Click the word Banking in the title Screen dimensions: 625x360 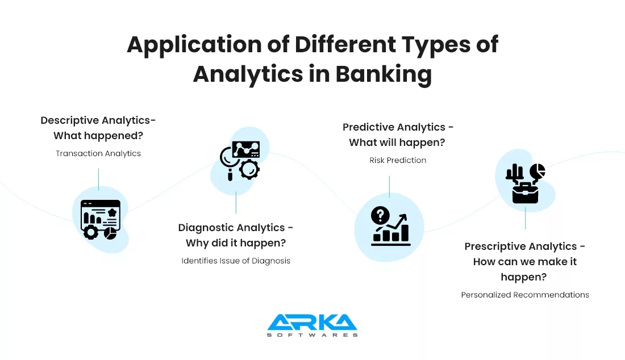pos(384,74)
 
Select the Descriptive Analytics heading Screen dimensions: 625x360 pos(98,128)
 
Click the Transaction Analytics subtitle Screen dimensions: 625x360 pos(98,153)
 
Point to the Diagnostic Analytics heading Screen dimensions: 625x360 pos(236,235)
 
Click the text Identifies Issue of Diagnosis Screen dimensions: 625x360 pos(236,261)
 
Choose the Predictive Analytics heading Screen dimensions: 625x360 pos(397,135)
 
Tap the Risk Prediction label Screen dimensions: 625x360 pos(397,160)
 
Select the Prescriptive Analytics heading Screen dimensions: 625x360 pos(524,262)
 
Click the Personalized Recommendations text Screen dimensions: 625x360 pos(525,295)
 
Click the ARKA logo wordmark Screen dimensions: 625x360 pos(312,322)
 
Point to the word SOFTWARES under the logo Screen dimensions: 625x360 pos(312,335)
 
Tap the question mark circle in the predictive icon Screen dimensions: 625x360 pos(380,216)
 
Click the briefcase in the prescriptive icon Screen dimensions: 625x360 pos(525,193)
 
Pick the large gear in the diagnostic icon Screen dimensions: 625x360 pos(249,169)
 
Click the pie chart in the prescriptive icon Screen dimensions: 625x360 pos(537,171)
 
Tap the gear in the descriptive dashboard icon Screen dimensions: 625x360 pos(91,232)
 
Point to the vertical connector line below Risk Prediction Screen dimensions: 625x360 pos(389,187)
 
